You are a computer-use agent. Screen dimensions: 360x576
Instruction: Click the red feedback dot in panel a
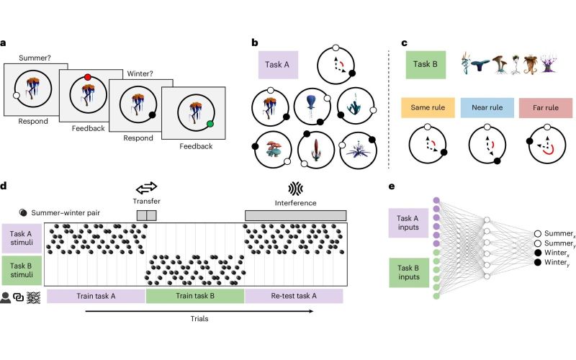tap(88, 77)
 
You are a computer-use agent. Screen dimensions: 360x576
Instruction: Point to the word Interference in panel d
tap(296, 203)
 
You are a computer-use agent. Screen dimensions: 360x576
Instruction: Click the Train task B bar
tap(195, 296)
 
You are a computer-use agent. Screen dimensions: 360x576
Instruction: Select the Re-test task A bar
tap(294, 296)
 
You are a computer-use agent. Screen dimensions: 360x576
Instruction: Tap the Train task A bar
tap(96, 296)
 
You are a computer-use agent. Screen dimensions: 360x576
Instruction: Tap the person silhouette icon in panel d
tap(6, 296)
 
